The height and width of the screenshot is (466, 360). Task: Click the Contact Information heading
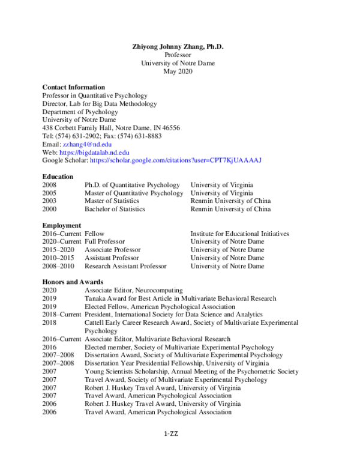(x=74, y=87)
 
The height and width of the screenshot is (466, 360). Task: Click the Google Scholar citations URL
(x=175, y=161)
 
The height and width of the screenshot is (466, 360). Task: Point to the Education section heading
(x=58, y=177)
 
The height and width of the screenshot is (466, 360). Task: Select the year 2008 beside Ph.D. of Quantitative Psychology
(x=50, y=185)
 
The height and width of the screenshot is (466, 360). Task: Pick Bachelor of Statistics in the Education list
(x=115, y=209)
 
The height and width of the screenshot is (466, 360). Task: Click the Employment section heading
(x=61, y=225)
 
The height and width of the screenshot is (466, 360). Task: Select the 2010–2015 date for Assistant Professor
(x=59, y=258)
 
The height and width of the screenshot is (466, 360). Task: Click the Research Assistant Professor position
(x=125, y=266)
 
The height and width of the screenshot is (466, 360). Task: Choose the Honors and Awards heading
(x=73, y=282)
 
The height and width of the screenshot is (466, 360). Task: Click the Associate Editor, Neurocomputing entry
(x=133, y=290)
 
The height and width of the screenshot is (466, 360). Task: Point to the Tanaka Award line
(x=180, y=298)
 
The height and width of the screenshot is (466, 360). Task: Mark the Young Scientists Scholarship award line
(x=191, y=372)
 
